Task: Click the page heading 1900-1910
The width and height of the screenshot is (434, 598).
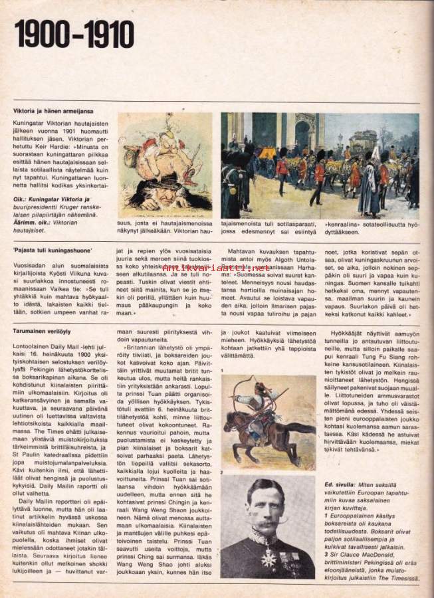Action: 74,35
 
